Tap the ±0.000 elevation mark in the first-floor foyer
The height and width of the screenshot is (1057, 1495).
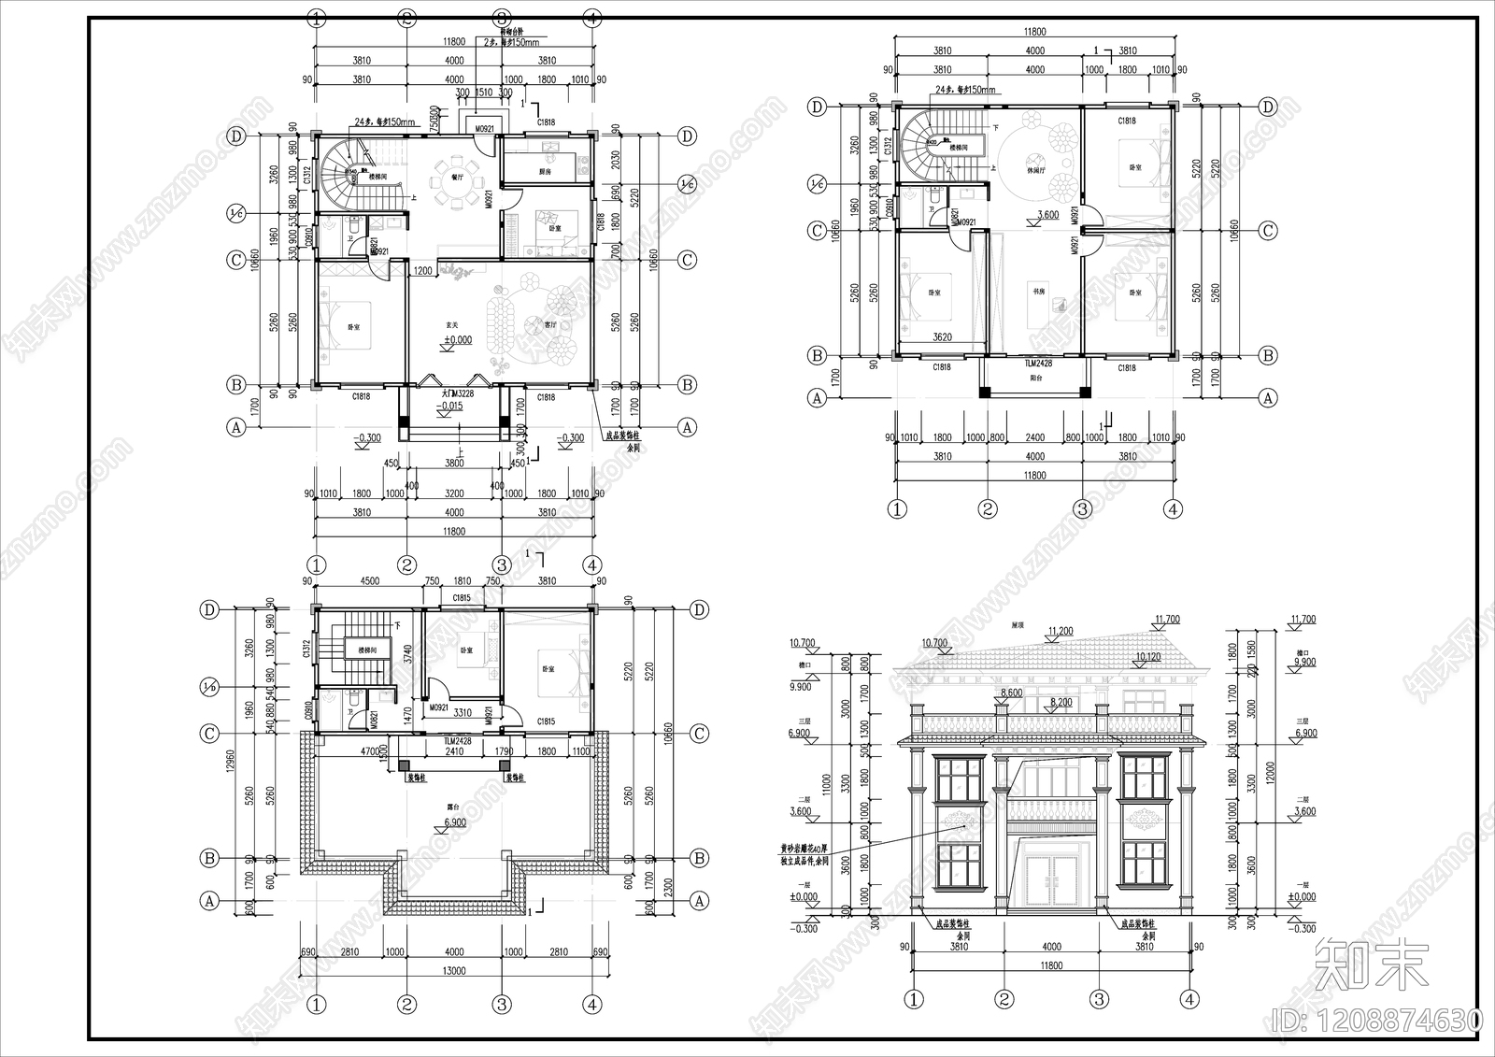coord(457,340)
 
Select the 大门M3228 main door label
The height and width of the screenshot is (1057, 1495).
coord(452,394)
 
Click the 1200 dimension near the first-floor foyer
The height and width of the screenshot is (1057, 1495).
coord(422,271)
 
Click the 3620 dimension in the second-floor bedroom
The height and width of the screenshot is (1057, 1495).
coord(942,337)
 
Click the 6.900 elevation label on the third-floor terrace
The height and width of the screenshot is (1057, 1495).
coord(455,822)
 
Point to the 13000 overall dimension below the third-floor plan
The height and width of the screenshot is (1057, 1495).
coord(453,971)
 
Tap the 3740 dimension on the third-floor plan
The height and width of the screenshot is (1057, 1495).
coord(407,654)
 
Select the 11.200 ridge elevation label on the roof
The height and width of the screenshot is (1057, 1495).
coord(1061,631)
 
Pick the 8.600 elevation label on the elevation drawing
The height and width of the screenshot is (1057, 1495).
coord(1009,692)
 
